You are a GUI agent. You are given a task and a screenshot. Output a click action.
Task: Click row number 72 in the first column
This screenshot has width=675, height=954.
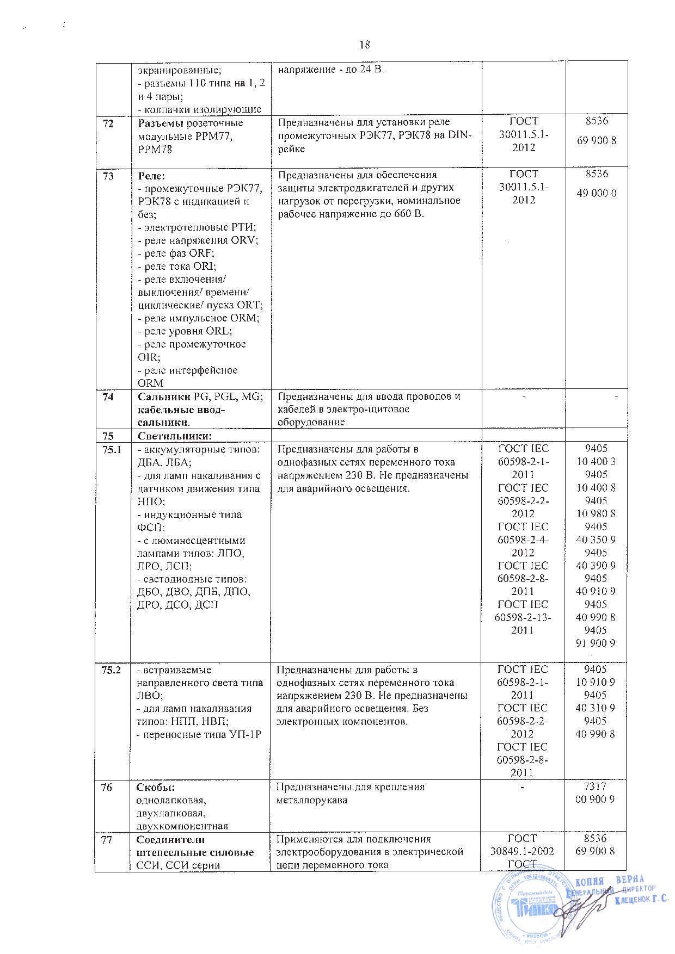coord(109,123)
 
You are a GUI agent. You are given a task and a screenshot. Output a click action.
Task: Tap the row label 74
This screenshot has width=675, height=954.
coord(109,397)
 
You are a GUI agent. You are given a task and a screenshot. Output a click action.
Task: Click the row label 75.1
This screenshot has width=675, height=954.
coord(112,449)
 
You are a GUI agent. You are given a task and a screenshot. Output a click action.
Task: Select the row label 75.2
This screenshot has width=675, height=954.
coord(112,670)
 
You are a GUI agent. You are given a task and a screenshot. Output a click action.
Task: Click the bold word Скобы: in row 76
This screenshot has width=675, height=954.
coord(155,787)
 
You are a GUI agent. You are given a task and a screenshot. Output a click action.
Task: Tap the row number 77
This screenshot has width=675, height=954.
coord(107,839)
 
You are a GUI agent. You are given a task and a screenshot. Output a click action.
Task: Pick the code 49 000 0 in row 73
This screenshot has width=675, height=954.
coord(597,193)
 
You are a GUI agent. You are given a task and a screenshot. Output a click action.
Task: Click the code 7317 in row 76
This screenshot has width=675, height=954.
coord(597,786)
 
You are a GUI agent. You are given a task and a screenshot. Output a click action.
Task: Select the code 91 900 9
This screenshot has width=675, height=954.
coord(597,643)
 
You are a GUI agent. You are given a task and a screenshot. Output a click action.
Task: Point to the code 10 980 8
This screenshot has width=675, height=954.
coord(597,513)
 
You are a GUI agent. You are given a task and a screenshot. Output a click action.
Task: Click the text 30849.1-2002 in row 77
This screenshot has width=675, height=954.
coord(522,852)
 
